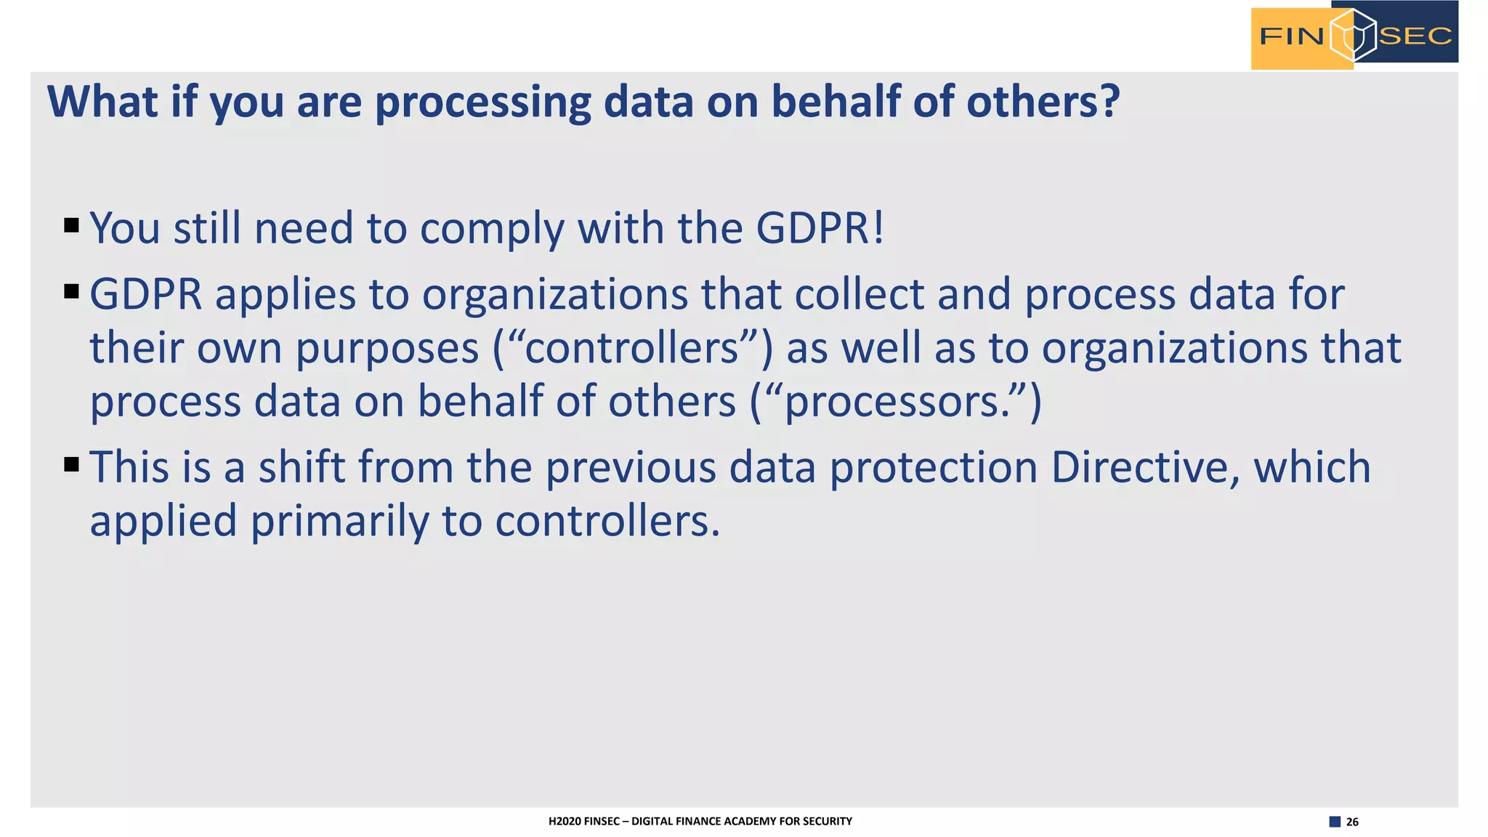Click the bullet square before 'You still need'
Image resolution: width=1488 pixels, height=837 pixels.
coord(71,225)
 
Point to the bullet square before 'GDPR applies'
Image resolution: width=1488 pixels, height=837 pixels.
coord(71,291)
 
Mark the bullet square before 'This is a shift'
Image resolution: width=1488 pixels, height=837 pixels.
coord(71,464)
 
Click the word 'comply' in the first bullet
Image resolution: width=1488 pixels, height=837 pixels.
coord(492,230)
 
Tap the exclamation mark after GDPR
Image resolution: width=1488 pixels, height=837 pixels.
coord(879,228)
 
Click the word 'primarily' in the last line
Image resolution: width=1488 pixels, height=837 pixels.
coord(339,522)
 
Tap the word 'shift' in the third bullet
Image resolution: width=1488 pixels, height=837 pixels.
coord(302,466)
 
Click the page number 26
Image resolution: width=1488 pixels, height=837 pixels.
coord(1352,822)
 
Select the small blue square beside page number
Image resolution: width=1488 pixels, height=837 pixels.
coord(1335,822)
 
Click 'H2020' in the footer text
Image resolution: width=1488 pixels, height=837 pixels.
coord(565,821)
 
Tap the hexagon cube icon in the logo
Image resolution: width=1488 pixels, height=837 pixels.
coord(1352,35)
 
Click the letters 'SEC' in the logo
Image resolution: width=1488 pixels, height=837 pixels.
coord(1415,36)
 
